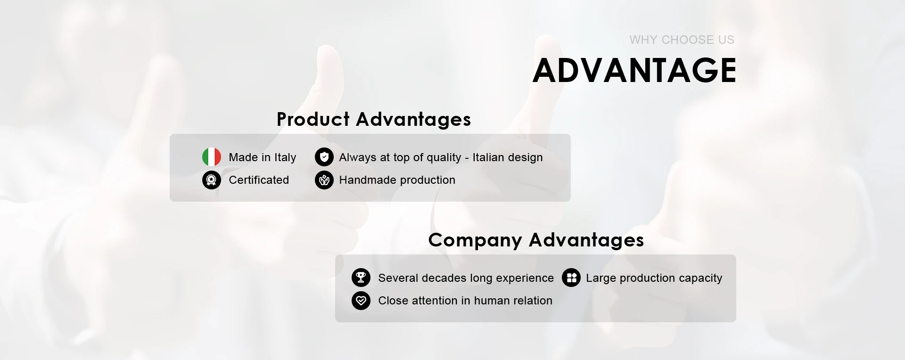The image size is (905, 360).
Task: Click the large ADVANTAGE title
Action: (634, 70)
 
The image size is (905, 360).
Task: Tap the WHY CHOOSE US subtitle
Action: (682, 40)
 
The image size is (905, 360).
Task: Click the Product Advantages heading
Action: (374, 120)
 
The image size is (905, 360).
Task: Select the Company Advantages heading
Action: (536, 240)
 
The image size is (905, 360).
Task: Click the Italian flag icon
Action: (212, 157)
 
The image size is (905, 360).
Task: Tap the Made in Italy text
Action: (263, 157)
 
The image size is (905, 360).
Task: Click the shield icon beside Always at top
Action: (324, 157)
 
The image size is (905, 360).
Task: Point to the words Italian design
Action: (508, 158)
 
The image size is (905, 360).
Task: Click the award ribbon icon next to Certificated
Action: (212, 180)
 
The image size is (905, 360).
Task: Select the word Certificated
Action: (259, 180)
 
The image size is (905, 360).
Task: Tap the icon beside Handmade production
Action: (324, 180)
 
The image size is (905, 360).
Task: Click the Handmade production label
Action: (397, 180)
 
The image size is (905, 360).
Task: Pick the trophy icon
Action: (361, 278)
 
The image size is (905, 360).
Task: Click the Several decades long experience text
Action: (466, 278)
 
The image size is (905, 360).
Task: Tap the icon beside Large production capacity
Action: (571, 278)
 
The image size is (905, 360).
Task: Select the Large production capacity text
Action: (654, 278)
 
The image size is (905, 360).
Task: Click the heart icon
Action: (361, 300)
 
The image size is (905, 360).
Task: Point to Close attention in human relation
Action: (465, 301)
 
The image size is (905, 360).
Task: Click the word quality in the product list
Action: (444, 158)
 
